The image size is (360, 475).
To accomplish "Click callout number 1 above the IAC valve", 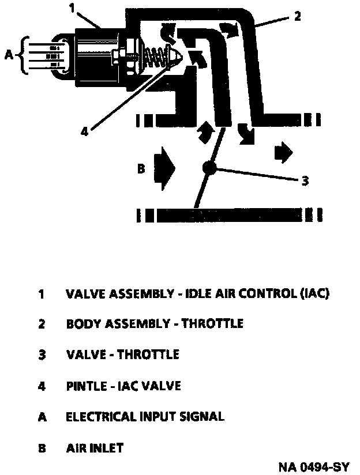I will click(x=73, y=8).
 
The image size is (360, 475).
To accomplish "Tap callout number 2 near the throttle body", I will click(x=297, y=16).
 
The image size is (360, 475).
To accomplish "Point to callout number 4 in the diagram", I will click(x=84, y=131).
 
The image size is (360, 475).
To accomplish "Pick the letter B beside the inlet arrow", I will click(x=140, y=169).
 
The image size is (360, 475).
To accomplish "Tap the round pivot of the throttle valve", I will click(x=209, y=168).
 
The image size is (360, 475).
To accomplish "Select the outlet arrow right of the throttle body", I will click(x=283, y=152).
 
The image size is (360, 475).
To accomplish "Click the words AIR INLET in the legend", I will click(x=94, y=447).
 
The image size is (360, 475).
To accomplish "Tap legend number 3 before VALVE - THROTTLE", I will click(x=42, y=355).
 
